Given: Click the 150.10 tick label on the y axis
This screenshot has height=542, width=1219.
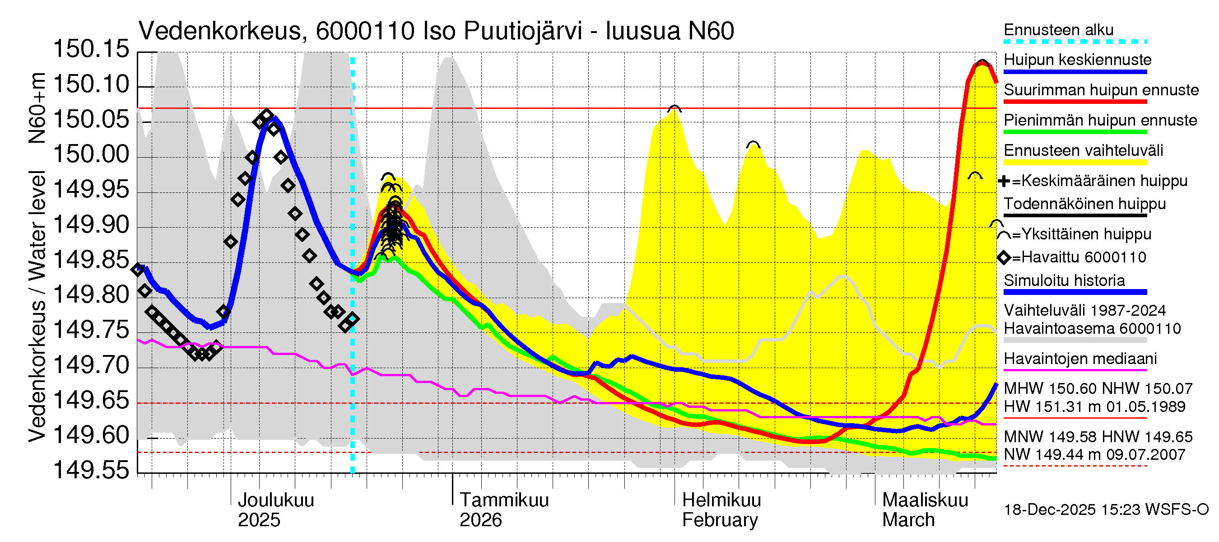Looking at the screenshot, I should tap(91, 85).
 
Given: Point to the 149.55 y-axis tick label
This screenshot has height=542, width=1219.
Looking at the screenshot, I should tap(91, 470).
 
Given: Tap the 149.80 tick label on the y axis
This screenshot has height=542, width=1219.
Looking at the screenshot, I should tap(91, 295).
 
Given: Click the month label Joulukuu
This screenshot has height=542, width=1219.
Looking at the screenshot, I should tap(275, 500).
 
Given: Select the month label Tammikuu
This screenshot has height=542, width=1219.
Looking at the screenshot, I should tap(504, 500).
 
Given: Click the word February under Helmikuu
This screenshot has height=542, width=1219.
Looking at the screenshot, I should tap(719, 520).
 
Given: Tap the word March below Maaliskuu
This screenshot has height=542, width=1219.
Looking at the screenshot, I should tap(908, 520).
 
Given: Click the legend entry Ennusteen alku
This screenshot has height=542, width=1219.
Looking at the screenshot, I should tap(1059, 30).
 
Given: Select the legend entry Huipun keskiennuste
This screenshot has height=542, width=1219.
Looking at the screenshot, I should tap(1078, 60).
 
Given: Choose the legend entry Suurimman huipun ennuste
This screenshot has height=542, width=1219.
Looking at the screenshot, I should tap(1101, 90).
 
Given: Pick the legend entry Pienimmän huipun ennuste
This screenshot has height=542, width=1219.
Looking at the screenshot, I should tap(1100, 120).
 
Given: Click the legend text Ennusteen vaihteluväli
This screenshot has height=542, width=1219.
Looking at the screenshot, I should tap(1083, 150).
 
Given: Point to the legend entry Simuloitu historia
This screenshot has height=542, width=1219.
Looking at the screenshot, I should tap(1064, 280).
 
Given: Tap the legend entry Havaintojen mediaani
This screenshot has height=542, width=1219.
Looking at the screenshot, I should tap(1080, 359).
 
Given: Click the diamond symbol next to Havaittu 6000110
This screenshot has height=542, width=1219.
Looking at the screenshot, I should tap(1004, 257).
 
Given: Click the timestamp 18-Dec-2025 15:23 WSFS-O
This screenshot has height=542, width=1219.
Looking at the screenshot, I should tap(1106, 510).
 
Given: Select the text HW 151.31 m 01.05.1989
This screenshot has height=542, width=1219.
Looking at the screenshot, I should tap(1094, 406).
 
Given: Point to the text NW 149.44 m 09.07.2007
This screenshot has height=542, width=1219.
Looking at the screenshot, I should tap(1094, 454).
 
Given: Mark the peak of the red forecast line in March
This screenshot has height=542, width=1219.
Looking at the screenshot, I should tap(982, 63).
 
